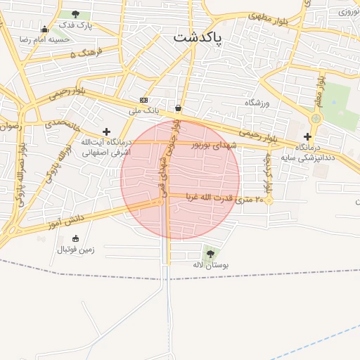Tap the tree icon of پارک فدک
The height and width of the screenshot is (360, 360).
tap(75, 14)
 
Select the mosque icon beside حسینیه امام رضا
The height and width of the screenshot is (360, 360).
tap(45, 29)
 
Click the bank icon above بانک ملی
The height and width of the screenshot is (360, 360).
tap(143, 101)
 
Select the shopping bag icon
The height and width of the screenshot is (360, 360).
tap(178, 108)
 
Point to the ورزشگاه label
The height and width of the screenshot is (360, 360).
tap(257, 103)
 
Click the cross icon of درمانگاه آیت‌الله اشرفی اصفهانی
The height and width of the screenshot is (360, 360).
tap(106, 131)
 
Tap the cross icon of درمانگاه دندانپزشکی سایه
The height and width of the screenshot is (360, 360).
tap(307, 136)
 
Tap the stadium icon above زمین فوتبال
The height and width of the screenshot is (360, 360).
tap(76, 238)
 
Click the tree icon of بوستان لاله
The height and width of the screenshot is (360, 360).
tap(210, 254)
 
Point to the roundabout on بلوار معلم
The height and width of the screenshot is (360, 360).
tap(316, 118)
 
